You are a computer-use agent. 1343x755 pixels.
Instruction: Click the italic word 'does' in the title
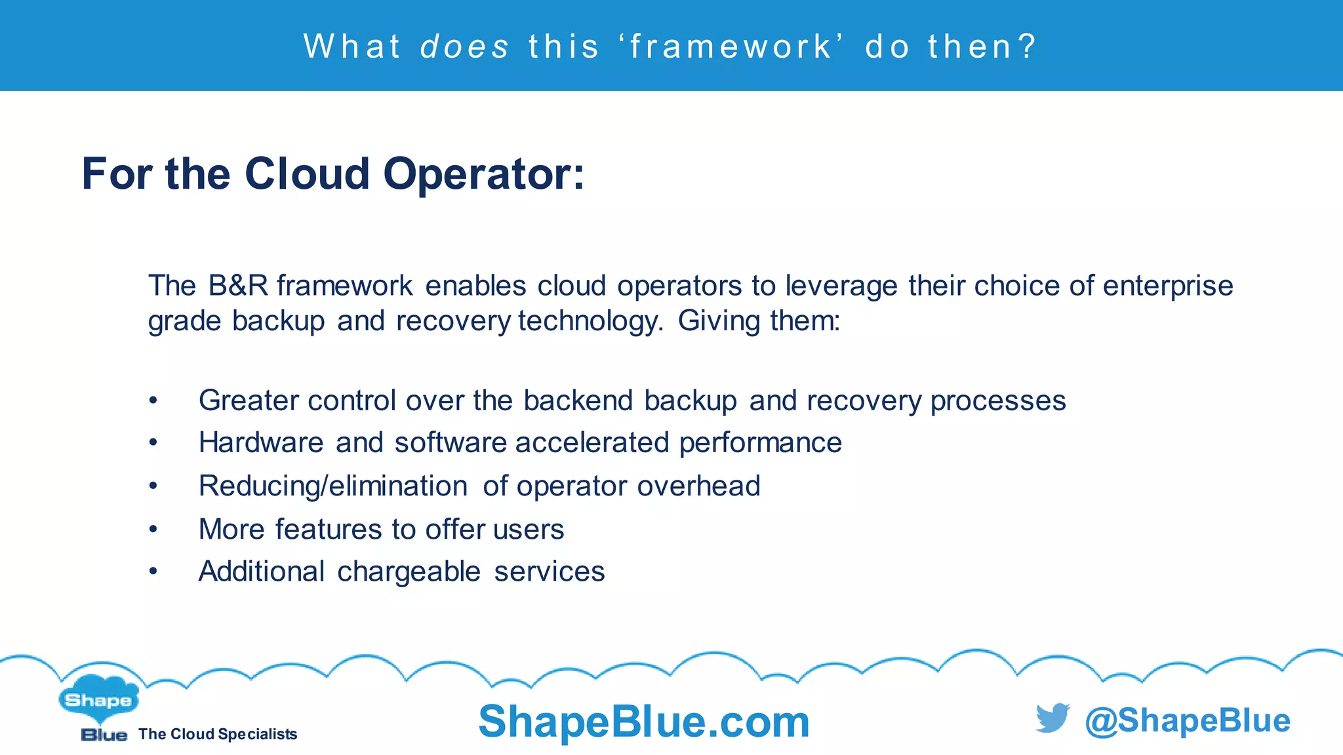(x=464, y=47)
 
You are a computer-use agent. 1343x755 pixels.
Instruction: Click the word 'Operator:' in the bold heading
(x=483, y=174)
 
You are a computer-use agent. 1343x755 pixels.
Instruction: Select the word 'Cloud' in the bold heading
(x=307, y=174)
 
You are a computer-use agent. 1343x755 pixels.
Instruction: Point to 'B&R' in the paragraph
(x=238, y=286)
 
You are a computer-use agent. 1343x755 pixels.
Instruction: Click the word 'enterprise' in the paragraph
(x=1167, y=286)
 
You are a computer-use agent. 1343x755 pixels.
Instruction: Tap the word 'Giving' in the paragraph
(x=719, y=321)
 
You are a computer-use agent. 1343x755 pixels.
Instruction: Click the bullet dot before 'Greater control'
(x=153, y=400)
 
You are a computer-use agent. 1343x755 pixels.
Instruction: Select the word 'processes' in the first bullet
(x=998, y=401)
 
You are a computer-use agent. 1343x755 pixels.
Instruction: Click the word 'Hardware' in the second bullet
(x=261, y=442)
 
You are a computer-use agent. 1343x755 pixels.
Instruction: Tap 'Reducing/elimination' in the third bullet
(x=333, y=486)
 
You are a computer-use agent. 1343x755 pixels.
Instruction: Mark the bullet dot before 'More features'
(x=153, y=529)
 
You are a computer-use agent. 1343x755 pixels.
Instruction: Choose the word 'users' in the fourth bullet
(x=529, y=530)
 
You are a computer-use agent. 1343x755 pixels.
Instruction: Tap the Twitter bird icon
(x=1052, y=718)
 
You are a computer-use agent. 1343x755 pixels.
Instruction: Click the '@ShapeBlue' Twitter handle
(x=1188, y=720)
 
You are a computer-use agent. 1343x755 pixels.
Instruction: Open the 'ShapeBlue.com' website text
(x=644, y=722)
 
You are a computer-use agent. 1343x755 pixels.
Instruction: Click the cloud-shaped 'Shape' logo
(x=98, y=699)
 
